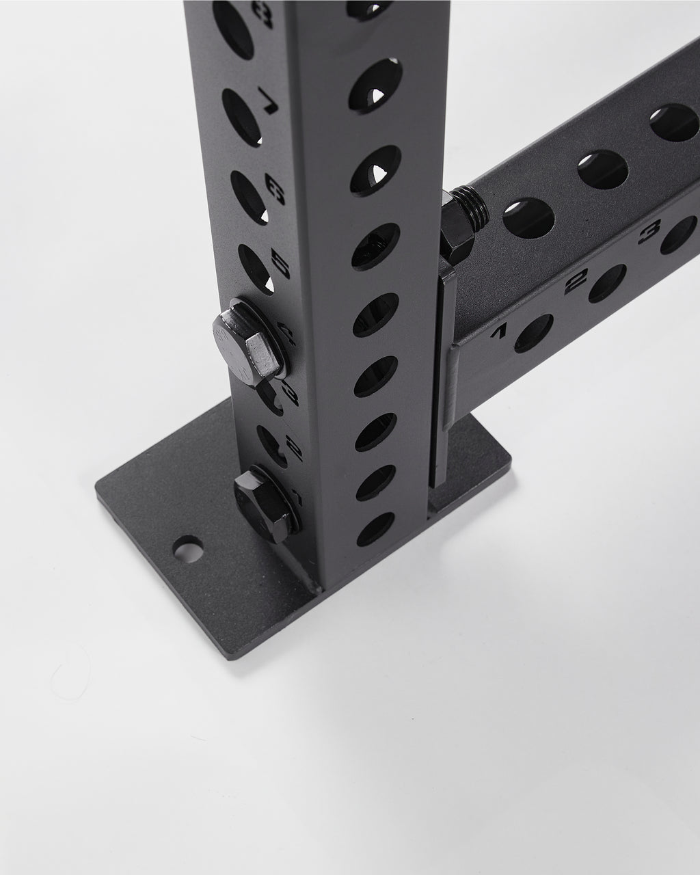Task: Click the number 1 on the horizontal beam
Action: [499, 332]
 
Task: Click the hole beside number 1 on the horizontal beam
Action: [533, 333]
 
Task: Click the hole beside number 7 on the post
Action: [241, 112]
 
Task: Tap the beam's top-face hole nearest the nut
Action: [528, 218]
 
